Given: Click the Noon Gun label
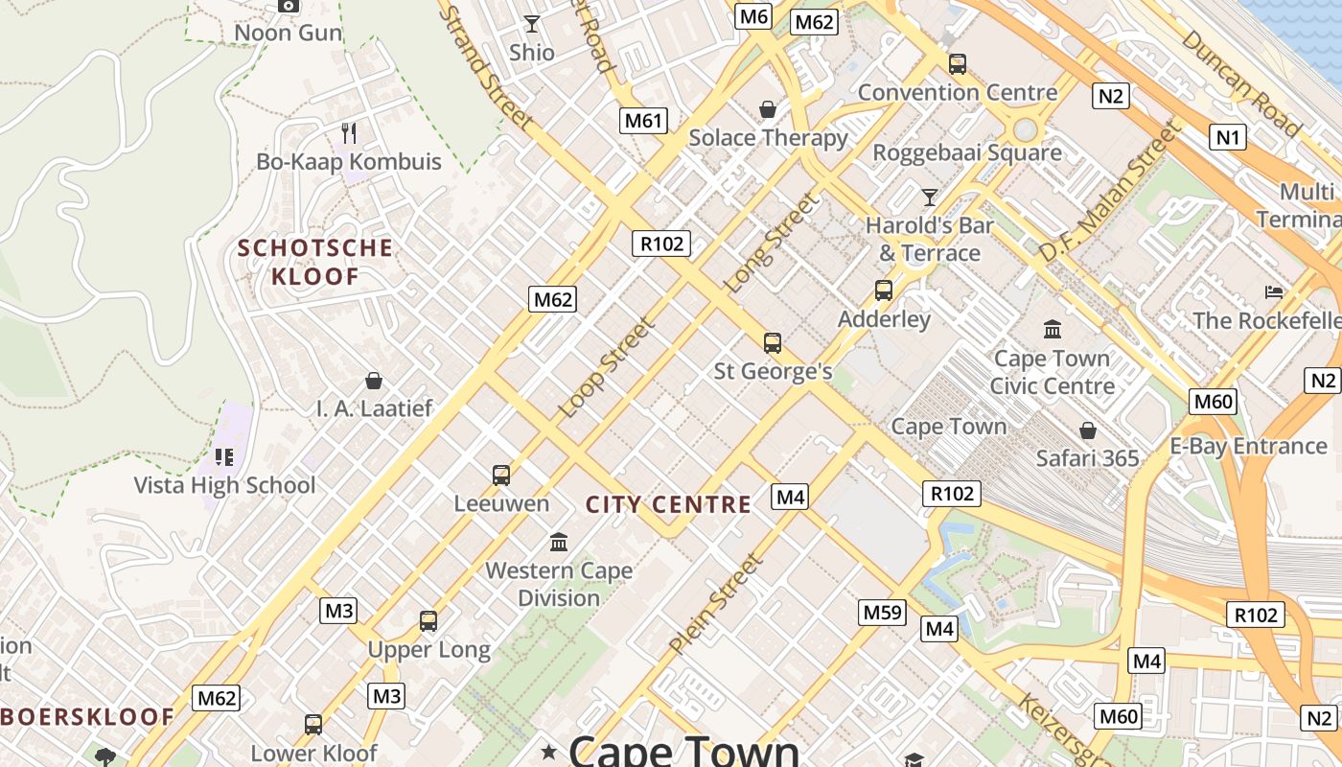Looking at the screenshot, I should [x=288, y=33].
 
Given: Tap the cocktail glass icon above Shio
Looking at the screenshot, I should [x=532, y=23].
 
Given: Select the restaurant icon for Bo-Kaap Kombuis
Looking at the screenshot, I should [x=349, y=133].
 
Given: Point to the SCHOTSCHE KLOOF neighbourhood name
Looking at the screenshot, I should [x=315, y=263].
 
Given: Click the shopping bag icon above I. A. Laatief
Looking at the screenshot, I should [x=374, y=381].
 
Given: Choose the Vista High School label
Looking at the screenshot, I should [x=224, y=485].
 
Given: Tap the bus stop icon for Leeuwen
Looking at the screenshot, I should [x=501, y=475].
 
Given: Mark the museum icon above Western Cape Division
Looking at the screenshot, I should [x=559, y=543].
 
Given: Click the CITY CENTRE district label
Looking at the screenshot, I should [x=668, y=504].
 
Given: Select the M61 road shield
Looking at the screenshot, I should [x=643, y=121].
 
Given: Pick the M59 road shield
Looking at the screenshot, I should [x=883, y=612].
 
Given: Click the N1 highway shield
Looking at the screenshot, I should [x=1228, y=137].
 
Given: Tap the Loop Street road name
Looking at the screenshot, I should [x=607, y=367].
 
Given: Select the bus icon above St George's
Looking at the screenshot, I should [x=773, y=342].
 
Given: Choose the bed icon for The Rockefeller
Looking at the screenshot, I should [x=1274, y=291].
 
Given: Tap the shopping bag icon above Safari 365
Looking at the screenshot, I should [x=1087, y=430].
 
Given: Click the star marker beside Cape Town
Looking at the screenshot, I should [x=548, y=750].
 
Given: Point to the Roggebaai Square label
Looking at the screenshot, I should [x=967, y=152].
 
